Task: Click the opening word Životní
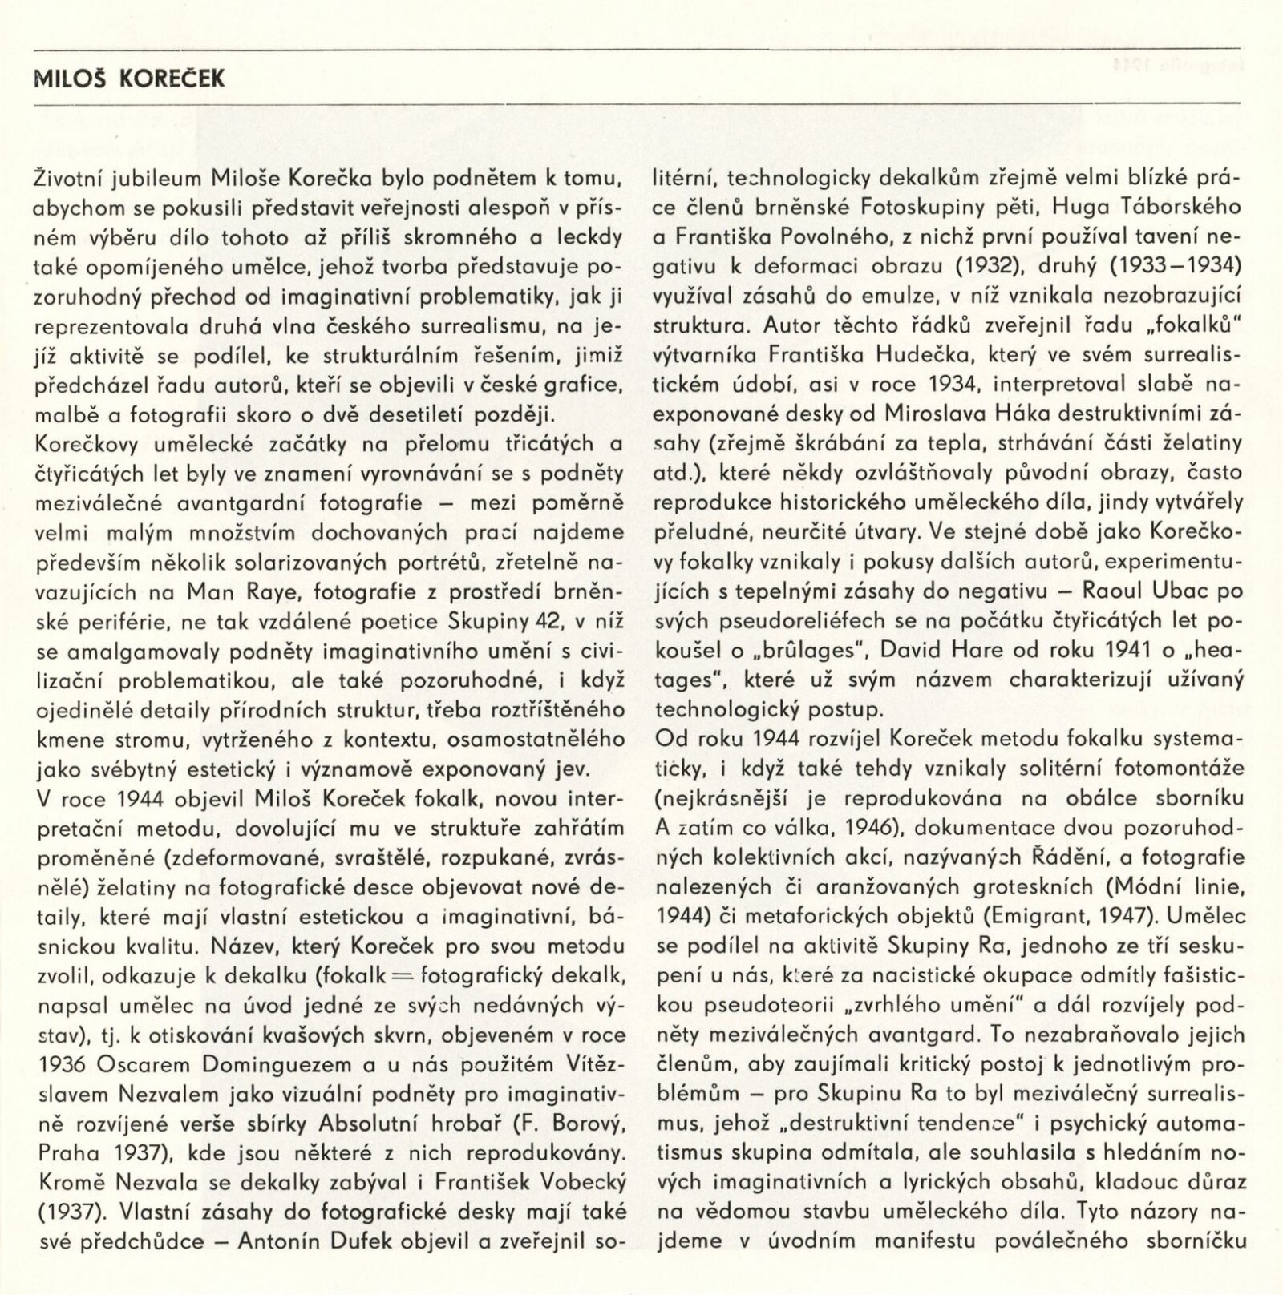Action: pyautogui.click(x=67, y=177)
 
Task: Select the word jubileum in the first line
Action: pyautogui.click(x=160, y=177)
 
